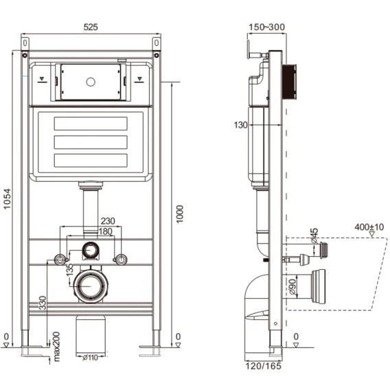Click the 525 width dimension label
coord(91,27)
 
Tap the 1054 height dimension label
coord(8,199)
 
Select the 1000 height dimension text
coord(179,214)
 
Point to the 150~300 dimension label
coord(266,27)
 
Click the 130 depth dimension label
coord(241,125)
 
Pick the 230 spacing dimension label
coord(108,221)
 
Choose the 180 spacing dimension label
coord(106,231)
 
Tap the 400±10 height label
coord(369,227)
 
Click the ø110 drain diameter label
coord(90,358)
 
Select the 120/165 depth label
coord(264,366)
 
